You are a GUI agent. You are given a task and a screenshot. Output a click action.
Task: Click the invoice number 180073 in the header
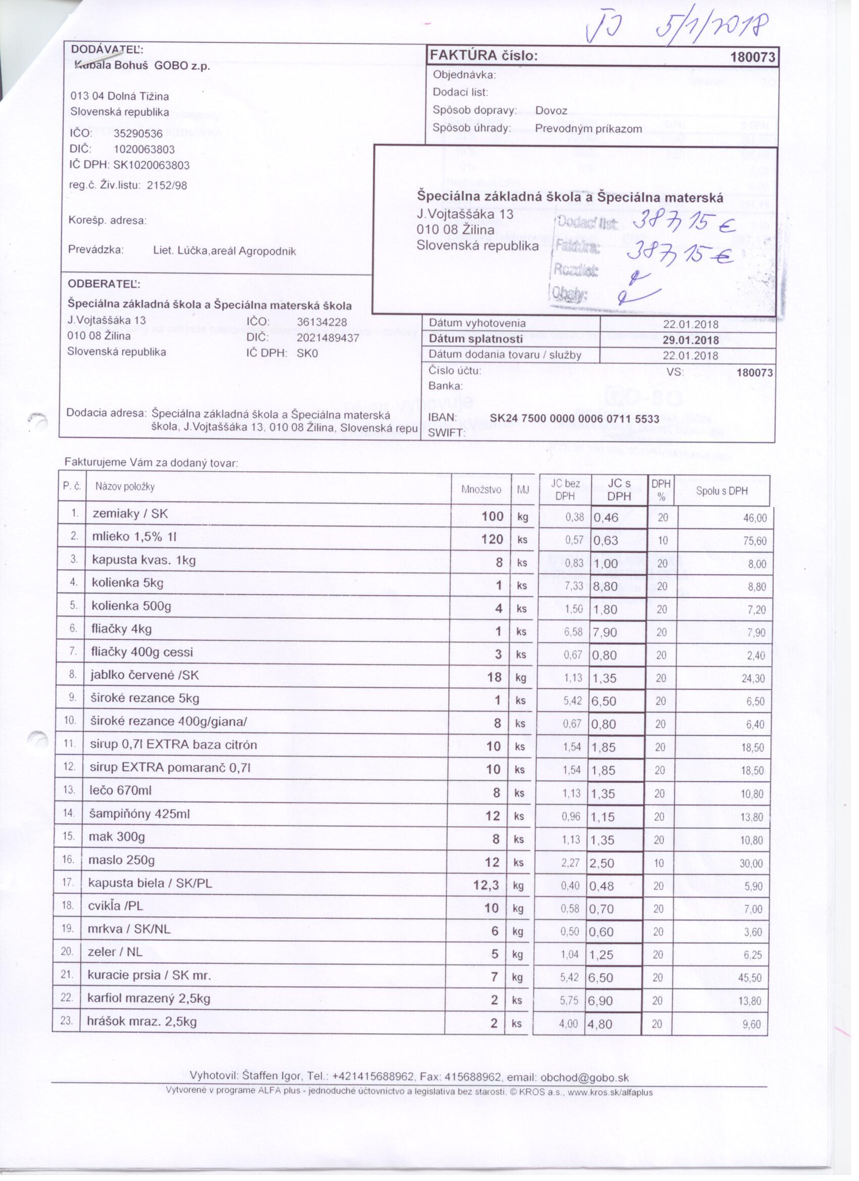[x=753, y=57]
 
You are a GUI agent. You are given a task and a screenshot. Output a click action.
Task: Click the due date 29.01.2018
[x=690, y=340]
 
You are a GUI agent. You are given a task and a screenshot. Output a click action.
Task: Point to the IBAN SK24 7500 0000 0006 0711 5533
[x=574, y=419]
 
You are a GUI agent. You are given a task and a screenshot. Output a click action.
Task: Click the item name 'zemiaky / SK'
[x=130, y=514]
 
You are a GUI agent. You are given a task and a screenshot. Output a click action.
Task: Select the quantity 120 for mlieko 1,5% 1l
[x=492, y=539]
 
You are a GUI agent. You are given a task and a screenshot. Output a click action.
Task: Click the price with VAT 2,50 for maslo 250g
[x=602, y=863]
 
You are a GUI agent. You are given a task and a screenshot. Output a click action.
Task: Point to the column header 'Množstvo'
[x=481, y=489]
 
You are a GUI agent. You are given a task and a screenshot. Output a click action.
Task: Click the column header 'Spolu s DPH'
[x=722, y=490]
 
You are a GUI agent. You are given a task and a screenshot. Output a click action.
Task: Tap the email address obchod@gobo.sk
[x=585, y=1077]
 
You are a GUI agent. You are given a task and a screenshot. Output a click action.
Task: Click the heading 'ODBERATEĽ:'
[x=104, y=284]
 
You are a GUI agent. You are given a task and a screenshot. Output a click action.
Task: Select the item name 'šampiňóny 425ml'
[x=139, y=814]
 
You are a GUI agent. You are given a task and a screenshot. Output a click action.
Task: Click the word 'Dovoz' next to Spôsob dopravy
[x=551, y=111]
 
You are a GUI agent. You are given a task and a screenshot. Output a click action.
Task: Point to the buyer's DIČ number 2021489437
[x=327, y=338]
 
